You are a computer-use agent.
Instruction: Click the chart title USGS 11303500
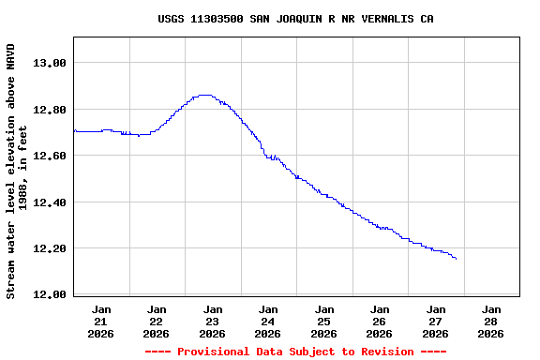click(x=295, y=19)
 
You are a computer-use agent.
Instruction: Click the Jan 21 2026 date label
click(x=101, y=322)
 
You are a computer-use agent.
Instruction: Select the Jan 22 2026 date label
click(x=157, y=322)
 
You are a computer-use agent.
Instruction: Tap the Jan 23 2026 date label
click(x=213, y=322)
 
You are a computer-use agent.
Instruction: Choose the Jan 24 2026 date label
click(x=268, y=322)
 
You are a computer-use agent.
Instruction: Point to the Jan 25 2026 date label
click(x=324, y=322)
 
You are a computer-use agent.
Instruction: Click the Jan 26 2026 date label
click(x=380, y=322)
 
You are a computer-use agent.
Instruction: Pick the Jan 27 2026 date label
click(x=436, y=322)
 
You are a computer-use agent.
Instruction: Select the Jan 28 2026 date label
click(x=491, y=322)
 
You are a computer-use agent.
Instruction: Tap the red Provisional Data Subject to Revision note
click(x=295, y=352)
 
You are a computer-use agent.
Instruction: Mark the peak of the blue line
click(x=205, y=95)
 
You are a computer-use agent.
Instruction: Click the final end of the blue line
click(x=456, y=259)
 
